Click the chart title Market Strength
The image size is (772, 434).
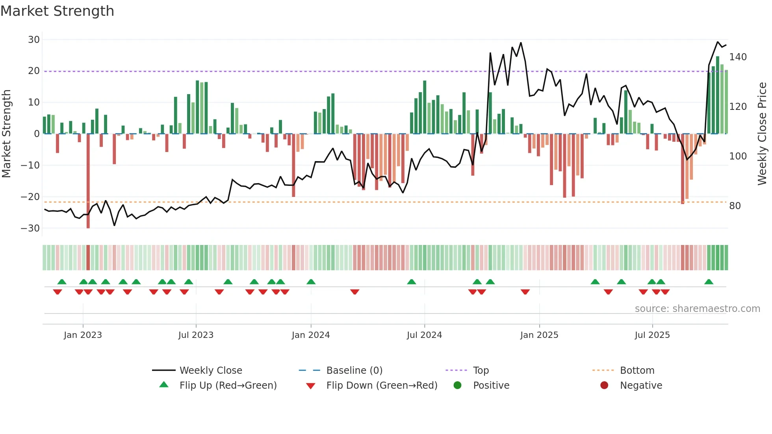click(x=57, y=11)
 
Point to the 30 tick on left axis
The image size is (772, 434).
click(x=34, y=40)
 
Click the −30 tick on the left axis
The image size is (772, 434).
click(x=30, y=228)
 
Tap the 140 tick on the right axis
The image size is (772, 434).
click(x=738, y=57)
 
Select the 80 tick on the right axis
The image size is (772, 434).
click(x=735, y=206)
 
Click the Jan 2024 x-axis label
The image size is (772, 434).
click(x=310, y=335)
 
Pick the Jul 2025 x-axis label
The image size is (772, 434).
click(x=652, y=335)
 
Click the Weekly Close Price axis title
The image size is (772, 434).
click(x=762, y=134)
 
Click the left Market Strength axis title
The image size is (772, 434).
click(x=6, y=134)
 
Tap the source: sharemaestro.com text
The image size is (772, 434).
click(x=697, y=309)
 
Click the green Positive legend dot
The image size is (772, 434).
click(x=457, y=386)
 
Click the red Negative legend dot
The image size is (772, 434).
click(x=604, y=386)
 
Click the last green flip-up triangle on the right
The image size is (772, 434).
click(x=709, y=282)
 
